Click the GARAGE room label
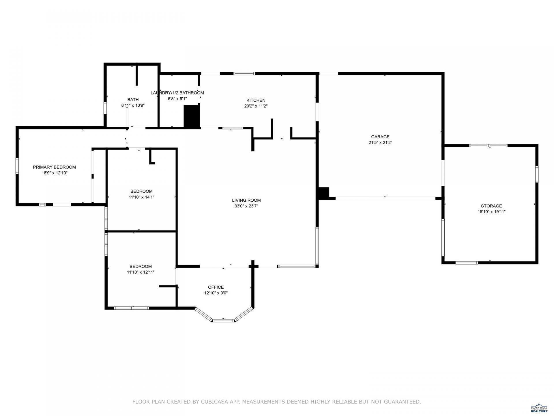pyautogui.click(x=380, y=137)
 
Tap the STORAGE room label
pyautogui.click(x=491, y=206)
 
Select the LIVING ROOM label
pyautogui.click(x=246, y=200)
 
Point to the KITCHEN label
pyautogui.click(x=256, y=100)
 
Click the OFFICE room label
pyautogui.click(x=216, y=287)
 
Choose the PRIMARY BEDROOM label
pyautogui.click(x=54, y=167)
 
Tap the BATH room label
pyautogui.click(x=133, y=100)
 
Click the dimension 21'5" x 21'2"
pyautogui.click(x=380, y=142)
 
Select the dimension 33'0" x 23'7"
pyautogui.click(x=246, y=206)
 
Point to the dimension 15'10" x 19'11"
pyautogui.click(x=491, y=212)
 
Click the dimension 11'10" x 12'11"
pyautogui.click(x=141, y=272)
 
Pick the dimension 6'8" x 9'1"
pyautogui.click(x=177, y=99)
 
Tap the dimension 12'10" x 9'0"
pyautogui.click(x=216, y=293)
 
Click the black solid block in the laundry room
pyautogui.click(x=192, y=116)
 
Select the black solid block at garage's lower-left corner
pyautogui.click(x=323, y=193)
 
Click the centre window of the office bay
pyautogui.click(x=224, y=320)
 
